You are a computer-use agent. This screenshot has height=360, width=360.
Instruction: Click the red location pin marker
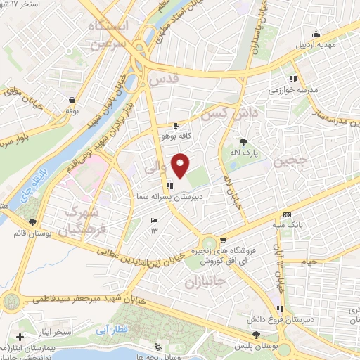pyautogui.click(x=181, y=165)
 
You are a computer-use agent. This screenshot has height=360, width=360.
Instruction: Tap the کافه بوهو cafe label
pyautogui.click(x=172, y=135)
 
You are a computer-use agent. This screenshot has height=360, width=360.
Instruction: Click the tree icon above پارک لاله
pyautogui.click(x=243, y=141)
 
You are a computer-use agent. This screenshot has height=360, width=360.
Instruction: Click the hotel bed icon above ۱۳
pyautogui.click(x=155, y=221)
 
